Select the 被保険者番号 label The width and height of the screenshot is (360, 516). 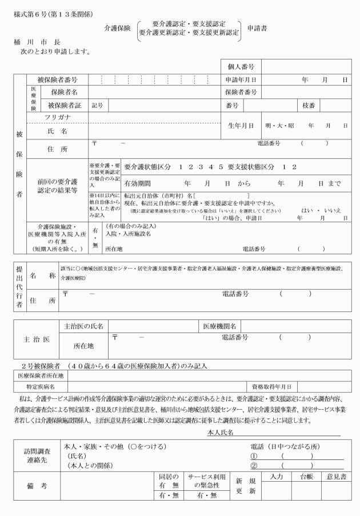click(x=57, y=80)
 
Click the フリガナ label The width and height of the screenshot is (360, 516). click(x=57, y=117)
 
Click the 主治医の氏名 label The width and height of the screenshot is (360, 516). click(x=84, y=326)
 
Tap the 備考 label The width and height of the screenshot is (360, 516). click(x=37, y=486)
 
